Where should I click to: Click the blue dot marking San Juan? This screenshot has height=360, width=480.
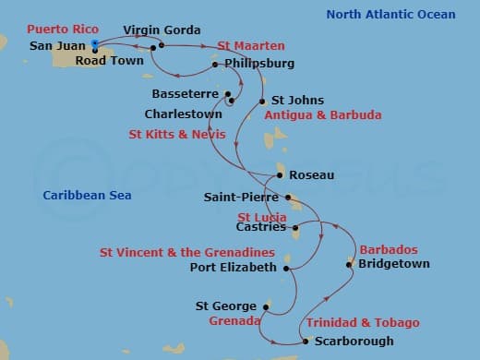pos(95,42)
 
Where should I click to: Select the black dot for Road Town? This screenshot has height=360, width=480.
pos(96,50)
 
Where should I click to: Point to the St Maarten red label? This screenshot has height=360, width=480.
pos(250,45)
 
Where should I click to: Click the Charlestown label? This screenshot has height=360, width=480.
pos(183,114)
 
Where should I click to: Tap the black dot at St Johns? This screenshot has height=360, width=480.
pos(263,101)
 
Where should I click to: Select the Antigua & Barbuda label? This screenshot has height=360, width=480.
pos(322,116)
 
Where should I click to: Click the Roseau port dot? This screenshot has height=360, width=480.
pos(280,174)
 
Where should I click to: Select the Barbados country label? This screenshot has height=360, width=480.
pos(388,250)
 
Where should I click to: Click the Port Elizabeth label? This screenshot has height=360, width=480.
pos(233,268)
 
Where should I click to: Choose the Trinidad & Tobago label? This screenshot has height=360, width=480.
pos(363,323)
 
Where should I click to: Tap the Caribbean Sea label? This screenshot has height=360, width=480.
pos(87,195)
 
